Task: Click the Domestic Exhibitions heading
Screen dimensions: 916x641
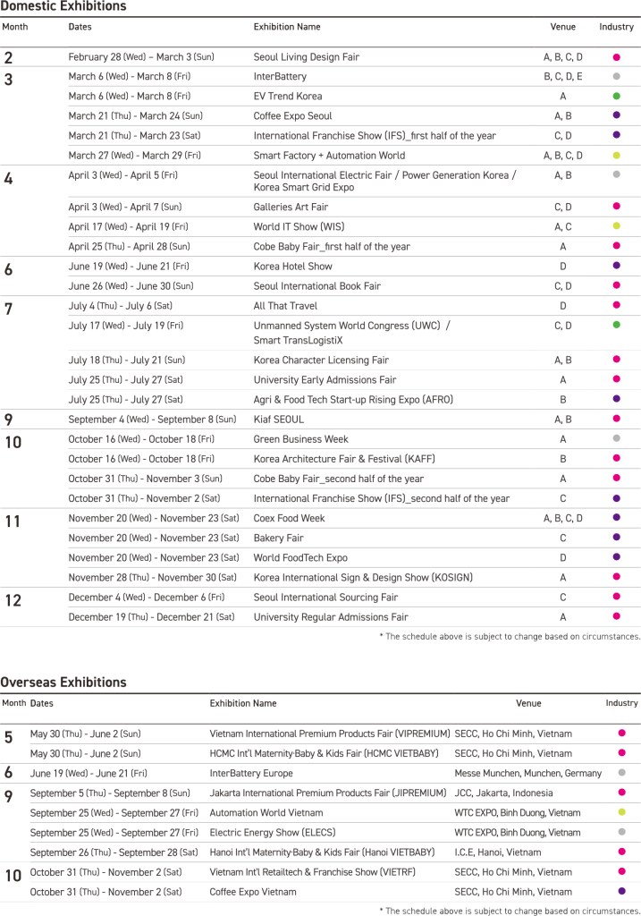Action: (63, 7)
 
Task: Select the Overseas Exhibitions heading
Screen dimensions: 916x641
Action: (63, 683)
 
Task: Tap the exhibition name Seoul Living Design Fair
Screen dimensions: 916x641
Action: (307, 57)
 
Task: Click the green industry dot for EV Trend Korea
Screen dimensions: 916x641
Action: (617, 97)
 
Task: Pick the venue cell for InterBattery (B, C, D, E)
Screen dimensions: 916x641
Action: (563, 77)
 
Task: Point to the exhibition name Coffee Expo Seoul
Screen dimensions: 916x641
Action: (292, 116)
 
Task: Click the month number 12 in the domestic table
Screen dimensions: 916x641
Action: (13, 599)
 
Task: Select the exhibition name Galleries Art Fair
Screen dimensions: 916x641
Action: (291, 207)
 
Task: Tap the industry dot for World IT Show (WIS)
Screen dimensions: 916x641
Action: (617, 226)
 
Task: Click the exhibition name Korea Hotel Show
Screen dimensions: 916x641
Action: (293, 267)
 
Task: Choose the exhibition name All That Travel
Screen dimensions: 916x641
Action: (287, 306)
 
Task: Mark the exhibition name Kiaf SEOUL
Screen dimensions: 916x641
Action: (279, 419)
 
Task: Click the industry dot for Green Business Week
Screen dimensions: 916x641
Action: (617, 439)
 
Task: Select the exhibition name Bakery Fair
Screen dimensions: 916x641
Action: (280, 538)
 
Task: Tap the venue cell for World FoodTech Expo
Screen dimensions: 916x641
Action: (563, 557)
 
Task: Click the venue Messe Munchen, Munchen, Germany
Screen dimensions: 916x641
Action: (528, 773)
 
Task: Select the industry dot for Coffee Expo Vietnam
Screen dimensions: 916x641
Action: (622, 891)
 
